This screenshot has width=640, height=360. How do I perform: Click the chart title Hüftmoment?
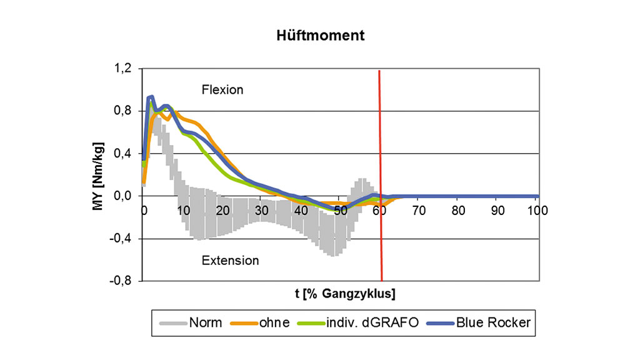[x=321, y=36]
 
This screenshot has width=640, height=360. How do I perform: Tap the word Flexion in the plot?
[x=222, y=90]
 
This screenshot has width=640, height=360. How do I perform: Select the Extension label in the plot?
[x=230, y=260]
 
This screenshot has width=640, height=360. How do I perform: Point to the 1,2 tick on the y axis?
[x=123, y=69]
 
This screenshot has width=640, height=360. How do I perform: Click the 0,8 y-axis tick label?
[x=123, y=111]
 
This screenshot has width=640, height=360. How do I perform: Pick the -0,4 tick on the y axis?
[x=121, y=239]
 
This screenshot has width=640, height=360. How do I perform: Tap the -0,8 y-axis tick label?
[x=121, y=281]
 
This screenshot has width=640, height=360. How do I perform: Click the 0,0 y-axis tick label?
[x=123, y=196]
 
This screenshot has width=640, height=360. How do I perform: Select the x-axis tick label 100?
[x=537, y=210]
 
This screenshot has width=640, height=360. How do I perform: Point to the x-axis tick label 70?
[x=419, y=210]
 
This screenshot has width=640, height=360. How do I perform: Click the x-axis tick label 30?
[x=261, y=210]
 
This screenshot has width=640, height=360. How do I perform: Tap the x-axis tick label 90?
[x=497, y=210]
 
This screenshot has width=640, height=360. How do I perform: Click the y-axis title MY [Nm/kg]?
[x=98, y=174]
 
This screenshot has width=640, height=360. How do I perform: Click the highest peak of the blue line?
[x=151, y=97]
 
